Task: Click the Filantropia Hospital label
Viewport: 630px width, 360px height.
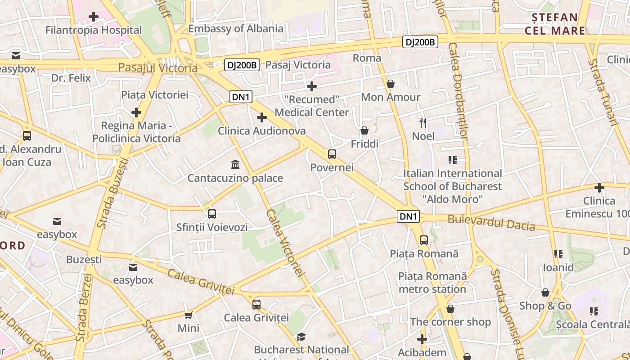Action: pyautogui.click(x=94, y=30)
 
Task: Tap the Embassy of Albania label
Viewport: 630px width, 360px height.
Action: pyautogui.click(x=236, y=29)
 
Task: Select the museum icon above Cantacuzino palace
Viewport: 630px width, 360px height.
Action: pyautogui.click(x=235, y=164)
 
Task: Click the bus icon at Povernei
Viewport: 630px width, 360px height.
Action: pyautogui.click(x=332, y=154)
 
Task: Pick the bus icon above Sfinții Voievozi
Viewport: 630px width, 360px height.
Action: pyautogui.click(x=212, y=214)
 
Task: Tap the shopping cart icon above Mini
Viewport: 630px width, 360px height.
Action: pyautogui.click(x=189, y=315)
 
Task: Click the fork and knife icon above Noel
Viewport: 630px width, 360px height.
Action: pyautogui.click(x=423, y=122)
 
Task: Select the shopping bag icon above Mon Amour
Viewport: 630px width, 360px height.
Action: pyautogui.click(x=391, y=84)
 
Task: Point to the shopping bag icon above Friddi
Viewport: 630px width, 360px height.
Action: pyautogui.click(x=364, y=131)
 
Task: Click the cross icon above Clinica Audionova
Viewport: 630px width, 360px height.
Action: pyautogui.click(x=262, y=118)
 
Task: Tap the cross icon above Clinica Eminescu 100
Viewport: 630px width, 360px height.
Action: pyautogui.click(x=599, y=188)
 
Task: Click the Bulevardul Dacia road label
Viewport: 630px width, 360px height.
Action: pyautogui.click(x=491, y=223)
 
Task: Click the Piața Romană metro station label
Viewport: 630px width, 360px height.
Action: pyautogui.click(x=432, y=283)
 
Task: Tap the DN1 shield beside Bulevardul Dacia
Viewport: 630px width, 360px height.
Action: pyautogui.click(x=409, y=216)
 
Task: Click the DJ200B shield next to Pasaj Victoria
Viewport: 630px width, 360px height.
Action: pyautogui.click(x=242, y=65)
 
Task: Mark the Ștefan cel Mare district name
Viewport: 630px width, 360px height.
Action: pyautogui.click(x=554, y=24)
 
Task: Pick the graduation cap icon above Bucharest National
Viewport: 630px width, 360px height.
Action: pyautogui.click(x=301, y=337)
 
